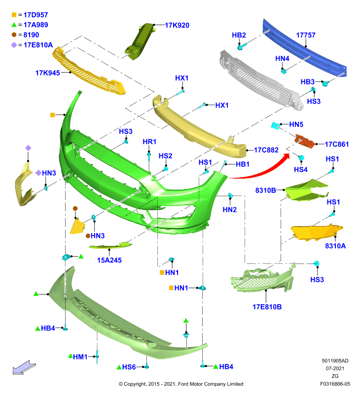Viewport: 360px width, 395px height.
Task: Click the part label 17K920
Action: pyautogui.click(x=177, y=25)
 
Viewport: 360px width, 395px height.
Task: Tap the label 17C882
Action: pyautogui.click(x=266, y=150)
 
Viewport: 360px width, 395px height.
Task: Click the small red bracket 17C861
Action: pyautogui.click(x=305, y=141)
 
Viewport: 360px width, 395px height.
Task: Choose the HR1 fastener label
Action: pyautogui.click(x=149, y=142)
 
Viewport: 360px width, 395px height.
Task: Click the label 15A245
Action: pyautogui.click(x=109, y=260)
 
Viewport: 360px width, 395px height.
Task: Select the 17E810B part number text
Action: pyautogui.click(x=267, y=307)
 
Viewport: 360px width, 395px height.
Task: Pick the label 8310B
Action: pyautogui.click(x=266, y=191)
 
